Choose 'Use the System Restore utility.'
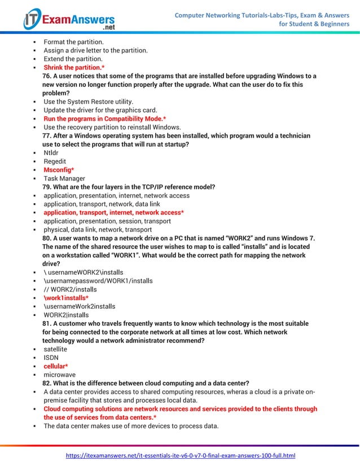(x=89, y=102)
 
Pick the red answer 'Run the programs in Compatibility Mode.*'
(x=104, y=119)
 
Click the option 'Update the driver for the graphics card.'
(x=100, y=110)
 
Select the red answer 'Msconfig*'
(x=59, y=170)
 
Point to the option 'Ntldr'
(x=51, y=153)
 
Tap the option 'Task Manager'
(x=64, y=178)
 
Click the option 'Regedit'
(x=55, y=161)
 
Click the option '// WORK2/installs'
(x=70, y=289)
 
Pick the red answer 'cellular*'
(x=56, y=366)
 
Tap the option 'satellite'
(x=55, y=349)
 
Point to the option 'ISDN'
(x=51, y=358)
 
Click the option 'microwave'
(x=59, y=375)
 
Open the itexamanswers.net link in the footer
(x=181, y=455)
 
